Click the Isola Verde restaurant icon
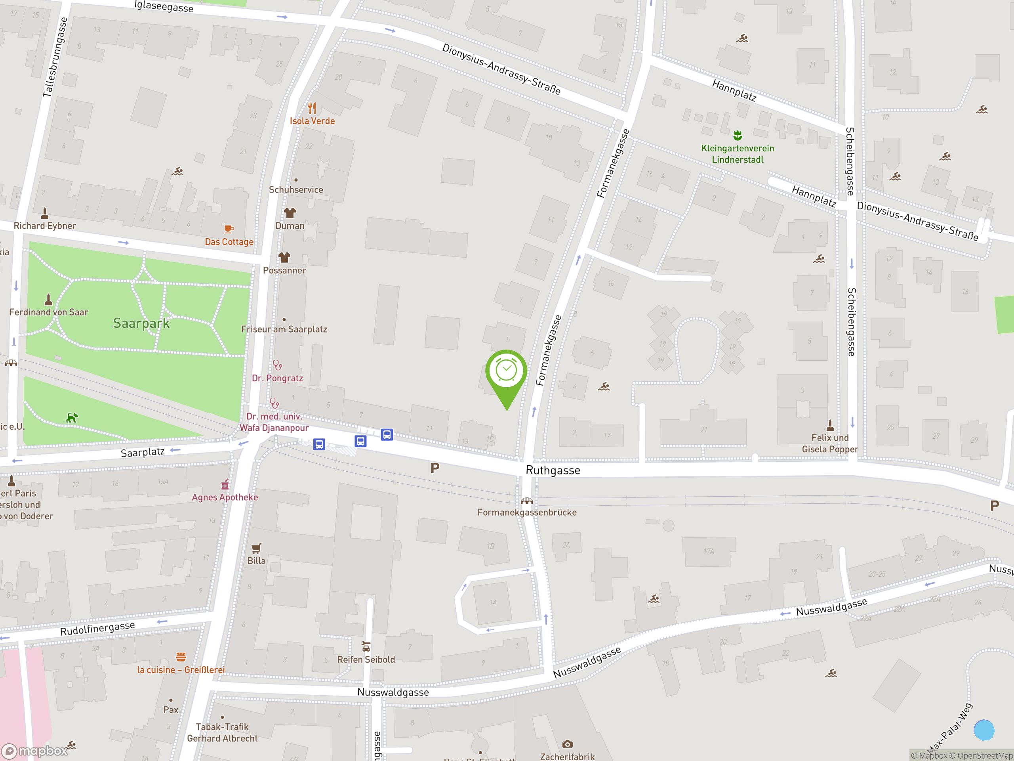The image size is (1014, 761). tap(312, 108)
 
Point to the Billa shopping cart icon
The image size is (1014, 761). tap(256, 548)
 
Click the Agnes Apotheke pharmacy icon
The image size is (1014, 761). tap(225, 485)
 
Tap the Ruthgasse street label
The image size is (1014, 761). tap(553, 470)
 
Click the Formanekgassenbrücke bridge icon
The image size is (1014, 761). tap(527, 501)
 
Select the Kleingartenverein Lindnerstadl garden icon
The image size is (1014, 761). tap(738, 135)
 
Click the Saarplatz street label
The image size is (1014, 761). tap(143, 453)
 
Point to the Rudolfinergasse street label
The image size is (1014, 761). tap(98, 628)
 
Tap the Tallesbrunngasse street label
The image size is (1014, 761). tap(55, 57)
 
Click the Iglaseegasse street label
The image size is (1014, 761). tap(164, 6)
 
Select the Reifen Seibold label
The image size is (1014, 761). tap(366, 660)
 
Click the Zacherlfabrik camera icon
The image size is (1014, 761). tap(567, 744)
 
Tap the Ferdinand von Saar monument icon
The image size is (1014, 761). tap(49, 300)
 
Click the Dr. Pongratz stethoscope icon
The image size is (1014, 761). tap(277, 365)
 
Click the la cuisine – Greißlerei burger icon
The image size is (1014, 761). tap(181, 657)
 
